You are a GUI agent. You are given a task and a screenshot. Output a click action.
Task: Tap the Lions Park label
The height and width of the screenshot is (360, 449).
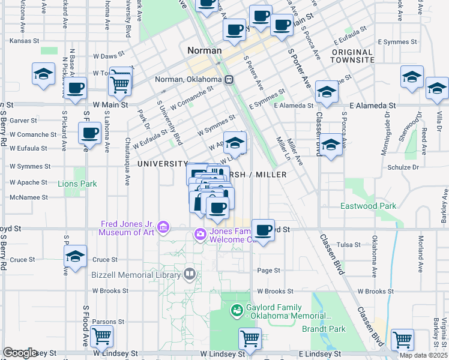77,184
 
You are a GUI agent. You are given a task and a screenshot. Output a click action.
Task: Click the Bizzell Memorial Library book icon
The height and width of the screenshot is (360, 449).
190,274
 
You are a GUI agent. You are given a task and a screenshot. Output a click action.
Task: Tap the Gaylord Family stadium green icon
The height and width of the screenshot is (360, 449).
237,311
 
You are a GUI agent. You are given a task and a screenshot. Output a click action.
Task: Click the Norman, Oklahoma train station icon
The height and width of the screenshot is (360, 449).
229,80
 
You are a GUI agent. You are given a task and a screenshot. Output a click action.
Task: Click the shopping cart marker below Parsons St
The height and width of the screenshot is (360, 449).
101,336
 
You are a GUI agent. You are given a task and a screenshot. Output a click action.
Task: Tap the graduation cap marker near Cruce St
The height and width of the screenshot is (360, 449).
76,257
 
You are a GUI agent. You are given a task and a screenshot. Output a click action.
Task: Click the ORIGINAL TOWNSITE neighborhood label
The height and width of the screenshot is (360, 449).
352,56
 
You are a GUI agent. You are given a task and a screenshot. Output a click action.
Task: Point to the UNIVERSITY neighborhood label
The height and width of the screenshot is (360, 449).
162,164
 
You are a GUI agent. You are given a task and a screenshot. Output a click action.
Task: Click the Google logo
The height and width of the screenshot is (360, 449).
20,353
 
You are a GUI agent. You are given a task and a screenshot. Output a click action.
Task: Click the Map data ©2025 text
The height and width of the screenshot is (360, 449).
424,355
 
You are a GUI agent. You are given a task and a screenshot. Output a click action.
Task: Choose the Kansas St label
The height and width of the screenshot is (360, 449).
25,41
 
